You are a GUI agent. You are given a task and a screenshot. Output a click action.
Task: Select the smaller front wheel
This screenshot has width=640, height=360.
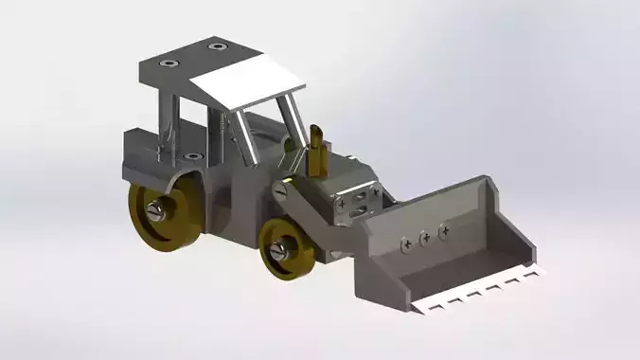tap(285, 248)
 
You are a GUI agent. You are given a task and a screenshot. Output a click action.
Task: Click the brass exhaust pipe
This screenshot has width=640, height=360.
tap(318, 152)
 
